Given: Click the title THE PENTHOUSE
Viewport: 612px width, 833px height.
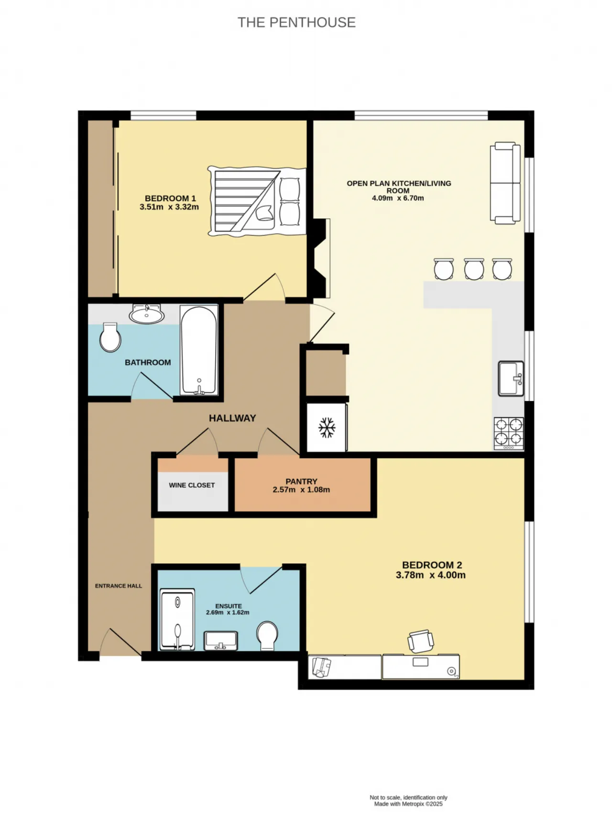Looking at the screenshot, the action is [296, 22].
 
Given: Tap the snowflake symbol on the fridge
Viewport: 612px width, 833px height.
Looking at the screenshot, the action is [327, 427].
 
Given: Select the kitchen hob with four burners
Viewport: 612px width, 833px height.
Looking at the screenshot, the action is [509, 433].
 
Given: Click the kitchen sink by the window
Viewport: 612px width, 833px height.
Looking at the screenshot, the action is [511, 379].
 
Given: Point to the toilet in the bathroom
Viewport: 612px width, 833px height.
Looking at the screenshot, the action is [110, 337].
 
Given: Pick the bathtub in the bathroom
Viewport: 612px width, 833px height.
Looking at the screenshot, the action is [199, 350].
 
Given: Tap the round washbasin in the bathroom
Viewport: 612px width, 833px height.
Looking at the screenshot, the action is [146, 314].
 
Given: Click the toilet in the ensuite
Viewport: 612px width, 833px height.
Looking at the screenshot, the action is [267, 636].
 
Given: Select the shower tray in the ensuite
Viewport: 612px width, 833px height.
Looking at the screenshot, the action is [177, 619].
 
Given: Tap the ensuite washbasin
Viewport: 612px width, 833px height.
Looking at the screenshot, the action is [221, 640].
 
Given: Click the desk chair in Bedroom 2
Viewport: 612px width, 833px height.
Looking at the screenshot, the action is [421, 641].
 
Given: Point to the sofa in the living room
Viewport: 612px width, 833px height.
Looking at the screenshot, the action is [505, 183].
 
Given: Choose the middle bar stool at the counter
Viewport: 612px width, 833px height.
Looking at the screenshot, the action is [474, 269].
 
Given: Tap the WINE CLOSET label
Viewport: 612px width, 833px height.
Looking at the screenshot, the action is [192, 485].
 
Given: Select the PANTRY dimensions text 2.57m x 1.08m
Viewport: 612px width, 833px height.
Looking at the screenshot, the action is [301, 489].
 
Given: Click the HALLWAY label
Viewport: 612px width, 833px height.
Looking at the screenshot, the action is [232, 418].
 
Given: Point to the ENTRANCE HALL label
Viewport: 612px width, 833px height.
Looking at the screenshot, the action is [119, 586].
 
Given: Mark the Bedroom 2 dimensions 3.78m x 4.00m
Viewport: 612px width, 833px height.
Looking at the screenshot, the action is [431, 575].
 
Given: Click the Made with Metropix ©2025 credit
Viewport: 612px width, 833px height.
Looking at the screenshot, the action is [408, 804].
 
